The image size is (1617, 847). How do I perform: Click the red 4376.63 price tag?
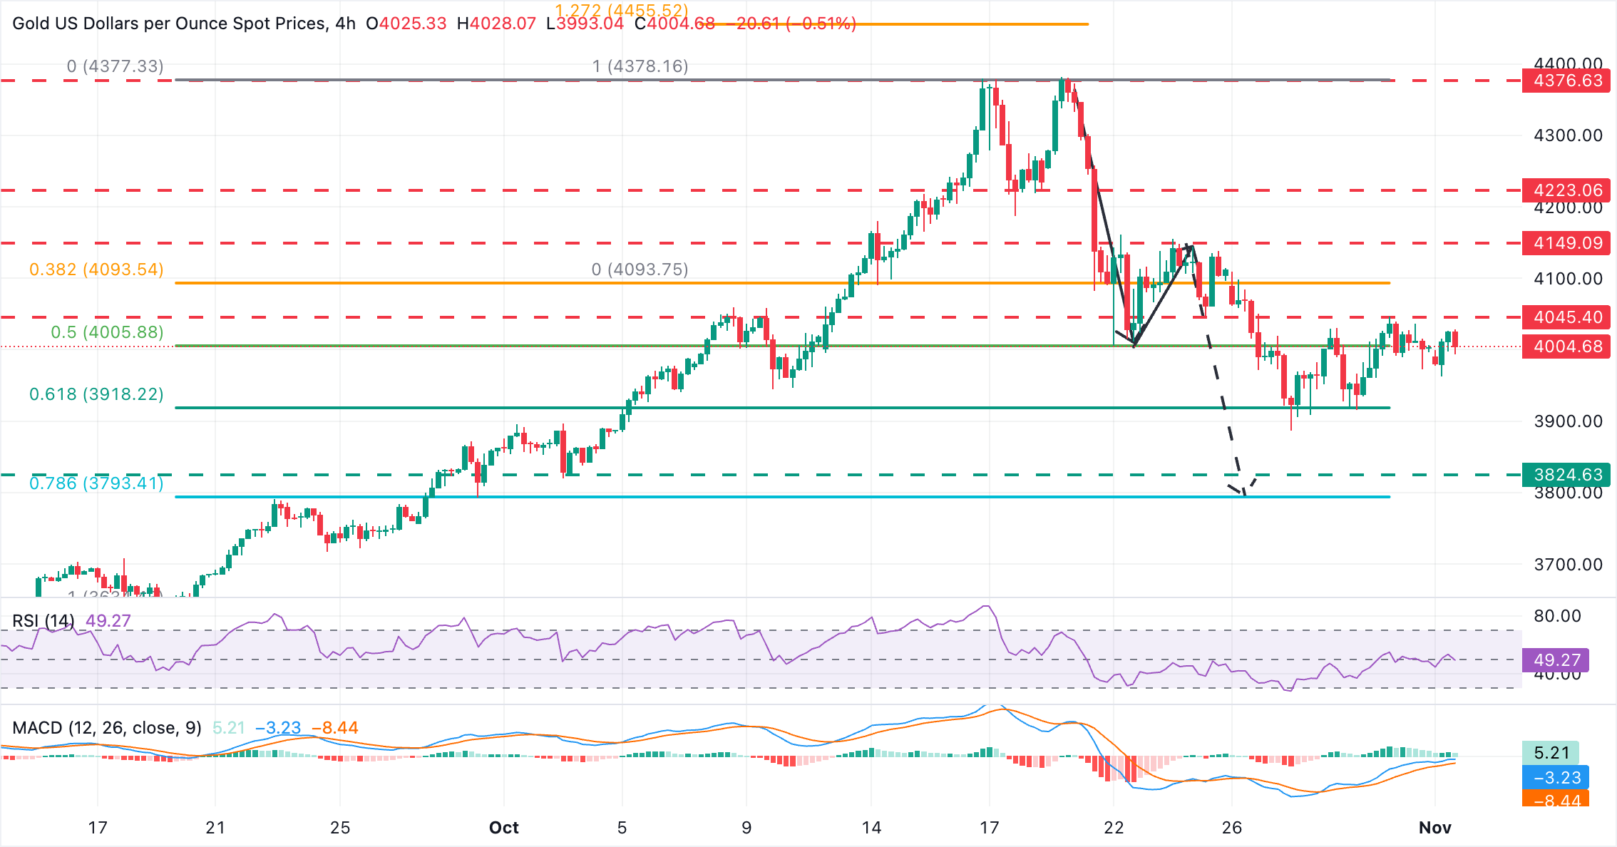(x=1567, y=81)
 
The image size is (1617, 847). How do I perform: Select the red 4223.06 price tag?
(x=1567, y=190)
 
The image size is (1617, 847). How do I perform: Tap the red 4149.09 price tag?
(x=1567, y=243)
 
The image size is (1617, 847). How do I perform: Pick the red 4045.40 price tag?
(x=1567, y=317)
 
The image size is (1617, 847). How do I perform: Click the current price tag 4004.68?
(x=1567, y=346)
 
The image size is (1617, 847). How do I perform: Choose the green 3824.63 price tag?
(x=1567, y=475)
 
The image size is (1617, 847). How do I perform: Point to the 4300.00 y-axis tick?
(x=1568, y=135)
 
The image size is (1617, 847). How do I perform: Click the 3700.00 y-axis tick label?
(x=1568, y=565)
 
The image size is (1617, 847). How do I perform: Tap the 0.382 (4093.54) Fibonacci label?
(x=96, y=269)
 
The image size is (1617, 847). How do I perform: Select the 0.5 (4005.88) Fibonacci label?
(x=107, y=332)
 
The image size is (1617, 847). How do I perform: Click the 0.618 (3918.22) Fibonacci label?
(x=96, y=394)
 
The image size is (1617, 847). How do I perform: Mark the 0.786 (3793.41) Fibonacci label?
(x=96, y=483)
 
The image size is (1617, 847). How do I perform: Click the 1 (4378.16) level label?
(x=640, y=66)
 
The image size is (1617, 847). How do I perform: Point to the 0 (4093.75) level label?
(x=640, y=269)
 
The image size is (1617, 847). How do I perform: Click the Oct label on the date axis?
(x=503, y=828)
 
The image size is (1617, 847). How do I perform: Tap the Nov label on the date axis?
(x=1434, y=828)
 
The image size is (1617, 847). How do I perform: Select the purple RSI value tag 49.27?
(x=1556, y=660)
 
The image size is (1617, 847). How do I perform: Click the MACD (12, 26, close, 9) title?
(x=107, y=728)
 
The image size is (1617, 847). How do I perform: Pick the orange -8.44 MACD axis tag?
(x=1556, y=800)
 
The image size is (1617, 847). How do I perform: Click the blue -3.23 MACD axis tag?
(x=1556, y=778)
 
